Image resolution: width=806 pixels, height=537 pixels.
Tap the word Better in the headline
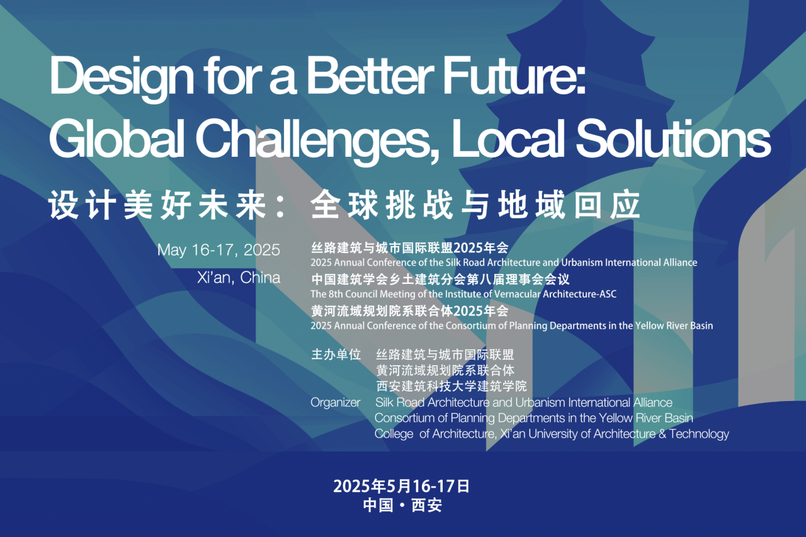pos(370,76)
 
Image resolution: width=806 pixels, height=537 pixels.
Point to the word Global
pos(117,138)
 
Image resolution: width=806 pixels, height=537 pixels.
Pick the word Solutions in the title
pos(673,138)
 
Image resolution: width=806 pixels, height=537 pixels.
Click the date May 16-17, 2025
pos(219,250)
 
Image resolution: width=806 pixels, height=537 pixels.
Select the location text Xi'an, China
pos(239,278)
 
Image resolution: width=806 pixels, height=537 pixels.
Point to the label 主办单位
pos(336,354)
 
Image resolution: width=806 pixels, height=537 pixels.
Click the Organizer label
pos(336,402)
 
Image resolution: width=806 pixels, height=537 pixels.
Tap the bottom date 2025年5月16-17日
pos(401,486)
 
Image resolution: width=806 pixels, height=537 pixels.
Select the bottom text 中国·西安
pos(402,506)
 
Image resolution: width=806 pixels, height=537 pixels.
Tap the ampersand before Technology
pos(662,434)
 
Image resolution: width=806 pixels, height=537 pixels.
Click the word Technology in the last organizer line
pos(699,434)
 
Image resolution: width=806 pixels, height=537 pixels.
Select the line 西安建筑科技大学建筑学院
pos(451,387)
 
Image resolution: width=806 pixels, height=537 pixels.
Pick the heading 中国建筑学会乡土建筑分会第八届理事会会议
pos(440,280)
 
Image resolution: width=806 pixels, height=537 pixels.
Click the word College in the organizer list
pos(394,434)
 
